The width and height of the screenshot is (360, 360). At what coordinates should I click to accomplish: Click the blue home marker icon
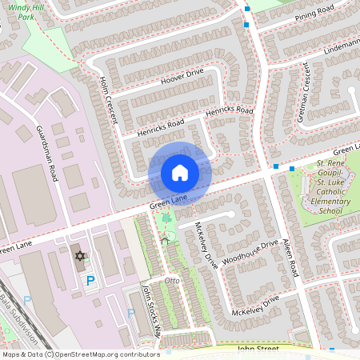coord(180,172)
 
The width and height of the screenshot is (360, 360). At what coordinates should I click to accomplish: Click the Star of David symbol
coord(79,256)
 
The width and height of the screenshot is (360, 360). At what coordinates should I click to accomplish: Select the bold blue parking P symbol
coord(90,280)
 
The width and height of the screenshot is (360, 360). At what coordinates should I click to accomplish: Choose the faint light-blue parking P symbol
coord(27,299)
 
